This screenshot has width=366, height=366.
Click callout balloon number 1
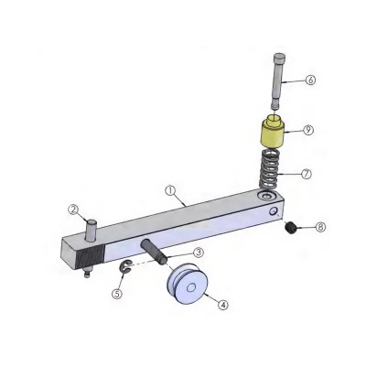[x=170, y=191]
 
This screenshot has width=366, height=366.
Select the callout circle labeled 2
[x=73, y=209]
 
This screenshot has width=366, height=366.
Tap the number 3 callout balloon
[x=198, y=253]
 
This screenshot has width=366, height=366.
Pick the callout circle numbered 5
[x=116, y=294]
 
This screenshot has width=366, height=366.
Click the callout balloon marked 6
[x=311, y=81]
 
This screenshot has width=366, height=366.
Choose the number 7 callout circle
[x=307, y=172]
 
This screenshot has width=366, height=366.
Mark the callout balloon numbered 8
[x=319, y=226]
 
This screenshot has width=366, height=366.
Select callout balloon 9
[x=308, y=130]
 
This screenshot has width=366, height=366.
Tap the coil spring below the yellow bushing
[x=271, y=169]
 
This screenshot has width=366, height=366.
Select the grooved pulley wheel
[x=188, y=284]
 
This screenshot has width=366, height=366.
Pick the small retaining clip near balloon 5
[x=125, y=266]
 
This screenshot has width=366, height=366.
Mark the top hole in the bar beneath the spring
[x=266, y=197]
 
